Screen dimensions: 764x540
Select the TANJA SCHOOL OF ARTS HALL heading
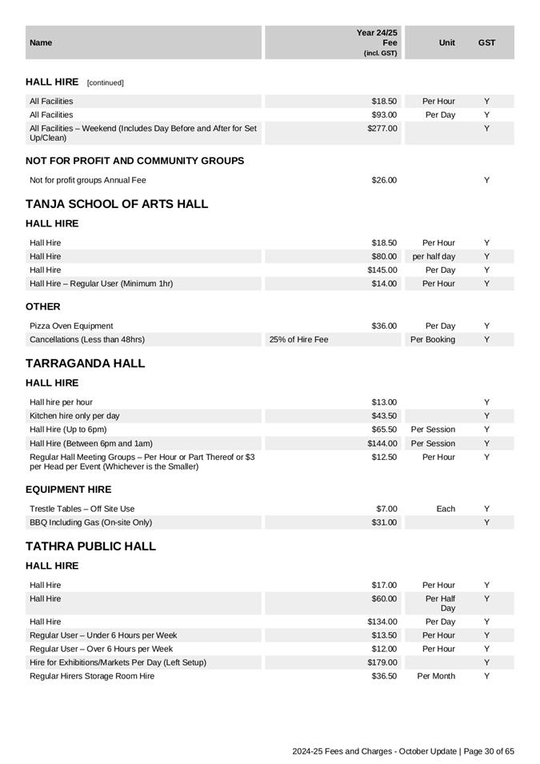pos(117,204)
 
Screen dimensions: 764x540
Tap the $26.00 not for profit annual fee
pos(384,181)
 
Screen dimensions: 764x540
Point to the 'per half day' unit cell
pos(434,257)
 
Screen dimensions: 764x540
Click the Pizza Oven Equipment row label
pos(71,326)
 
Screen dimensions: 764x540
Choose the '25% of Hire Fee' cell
pos(298,340)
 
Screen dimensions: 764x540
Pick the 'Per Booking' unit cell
pos(433,340)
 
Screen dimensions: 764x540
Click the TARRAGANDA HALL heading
pos(86,363)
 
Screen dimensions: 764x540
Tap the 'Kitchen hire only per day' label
pos(74,416)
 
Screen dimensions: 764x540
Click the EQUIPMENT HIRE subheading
pos(69,490)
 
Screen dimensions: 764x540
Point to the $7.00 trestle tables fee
pos(386,509)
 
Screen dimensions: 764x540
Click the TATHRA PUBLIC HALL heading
pos(90,546)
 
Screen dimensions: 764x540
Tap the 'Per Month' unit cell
pos(436,676)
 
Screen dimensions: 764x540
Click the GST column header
pos(486,43)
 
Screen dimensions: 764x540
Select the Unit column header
pos(447,43)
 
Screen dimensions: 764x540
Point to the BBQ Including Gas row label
pos(90,522)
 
